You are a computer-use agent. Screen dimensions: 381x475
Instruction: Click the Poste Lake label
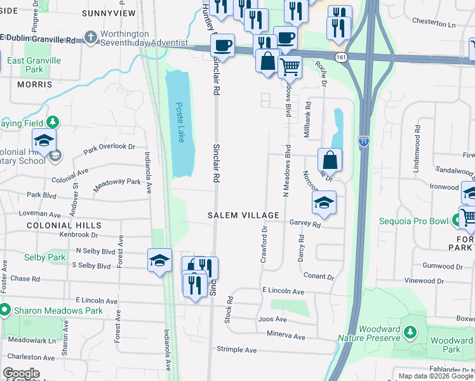[180, 123]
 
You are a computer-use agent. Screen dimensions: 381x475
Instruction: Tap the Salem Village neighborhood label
[244, 215]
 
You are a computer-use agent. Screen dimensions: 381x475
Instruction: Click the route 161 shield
[342, 57]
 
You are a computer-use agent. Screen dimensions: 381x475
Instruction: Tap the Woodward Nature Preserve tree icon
[411, 331]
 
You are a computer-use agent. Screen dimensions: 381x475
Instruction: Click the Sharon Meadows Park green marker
[5, 311]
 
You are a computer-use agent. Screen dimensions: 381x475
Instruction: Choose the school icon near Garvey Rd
[324, 203]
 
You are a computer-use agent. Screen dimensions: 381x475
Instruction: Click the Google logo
[21, 373]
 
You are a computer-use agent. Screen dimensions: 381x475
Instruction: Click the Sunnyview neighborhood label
[109, 13]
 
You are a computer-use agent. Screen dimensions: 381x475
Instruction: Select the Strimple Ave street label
[236, 350]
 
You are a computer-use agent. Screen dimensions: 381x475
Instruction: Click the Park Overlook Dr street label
[109, 147]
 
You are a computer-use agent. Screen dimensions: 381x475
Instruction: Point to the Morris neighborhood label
[34, 84]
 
